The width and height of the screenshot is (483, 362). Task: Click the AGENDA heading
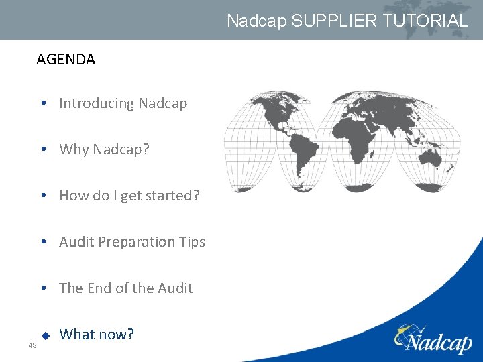66,60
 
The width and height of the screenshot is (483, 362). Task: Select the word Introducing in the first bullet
97,103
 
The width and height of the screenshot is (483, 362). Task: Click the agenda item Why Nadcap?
104,149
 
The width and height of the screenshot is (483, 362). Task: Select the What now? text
97,334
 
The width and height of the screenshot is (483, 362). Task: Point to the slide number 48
32,345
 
